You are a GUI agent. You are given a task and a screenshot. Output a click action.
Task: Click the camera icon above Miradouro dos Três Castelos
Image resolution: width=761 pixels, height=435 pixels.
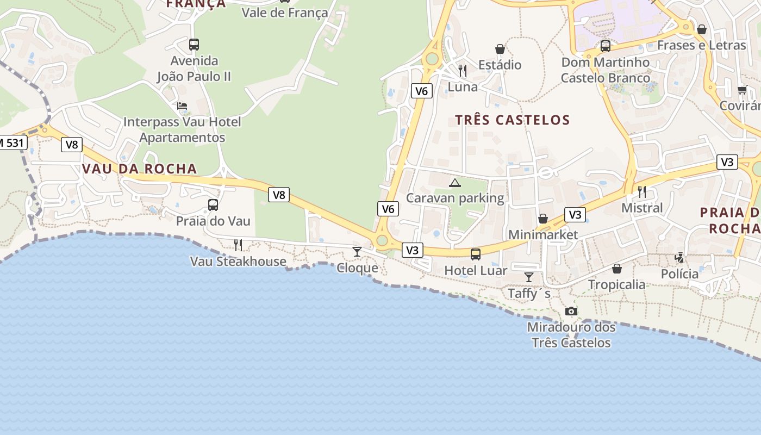coord(571,311)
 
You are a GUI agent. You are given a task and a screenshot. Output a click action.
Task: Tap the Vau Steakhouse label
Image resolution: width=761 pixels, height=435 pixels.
coord(238,262)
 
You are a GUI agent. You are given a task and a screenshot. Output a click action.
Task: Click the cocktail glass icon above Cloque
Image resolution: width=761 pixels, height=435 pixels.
coord(357,251)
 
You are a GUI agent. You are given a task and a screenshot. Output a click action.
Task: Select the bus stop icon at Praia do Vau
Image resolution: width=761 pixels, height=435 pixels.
coord(213,205)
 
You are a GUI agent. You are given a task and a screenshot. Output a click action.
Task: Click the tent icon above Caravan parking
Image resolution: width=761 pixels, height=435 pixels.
coord(455,183)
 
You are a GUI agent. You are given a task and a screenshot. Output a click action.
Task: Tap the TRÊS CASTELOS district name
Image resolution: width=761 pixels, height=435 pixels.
coord(513,120)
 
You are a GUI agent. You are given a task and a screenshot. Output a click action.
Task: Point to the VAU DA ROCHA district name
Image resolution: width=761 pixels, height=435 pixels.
coord(139,169)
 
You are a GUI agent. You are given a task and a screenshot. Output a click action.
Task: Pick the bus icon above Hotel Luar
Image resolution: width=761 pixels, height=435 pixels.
coord(476,254)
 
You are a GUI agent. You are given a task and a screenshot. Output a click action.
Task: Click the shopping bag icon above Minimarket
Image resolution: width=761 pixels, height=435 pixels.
coord(542,219)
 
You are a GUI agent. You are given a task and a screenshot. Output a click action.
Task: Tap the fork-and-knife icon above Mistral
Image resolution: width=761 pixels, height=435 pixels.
coord(642,191)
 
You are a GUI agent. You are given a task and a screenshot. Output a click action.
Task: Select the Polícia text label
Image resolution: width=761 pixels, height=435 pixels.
coord(679,274)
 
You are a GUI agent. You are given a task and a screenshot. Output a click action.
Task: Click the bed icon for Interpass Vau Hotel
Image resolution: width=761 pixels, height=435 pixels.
coord(182,105)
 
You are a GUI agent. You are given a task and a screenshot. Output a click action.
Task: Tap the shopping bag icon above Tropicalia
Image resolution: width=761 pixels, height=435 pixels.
coord(617,269)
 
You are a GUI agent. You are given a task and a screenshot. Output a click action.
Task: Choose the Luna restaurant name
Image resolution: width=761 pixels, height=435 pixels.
coord(463,87)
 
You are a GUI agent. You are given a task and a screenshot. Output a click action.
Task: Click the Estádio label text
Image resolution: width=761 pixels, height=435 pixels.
coord(500,65)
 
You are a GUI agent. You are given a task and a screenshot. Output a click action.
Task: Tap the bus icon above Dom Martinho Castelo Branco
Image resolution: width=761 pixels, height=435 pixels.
coord(606,46)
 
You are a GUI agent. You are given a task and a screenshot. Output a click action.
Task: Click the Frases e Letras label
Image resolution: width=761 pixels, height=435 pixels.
coord(701,45)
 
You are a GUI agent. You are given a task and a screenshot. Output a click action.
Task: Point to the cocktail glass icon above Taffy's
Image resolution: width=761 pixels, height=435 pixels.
coord(528,277)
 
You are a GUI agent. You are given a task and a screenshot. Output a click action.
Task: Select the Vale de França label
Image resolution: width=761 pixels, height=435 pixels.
coord(285,13)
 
